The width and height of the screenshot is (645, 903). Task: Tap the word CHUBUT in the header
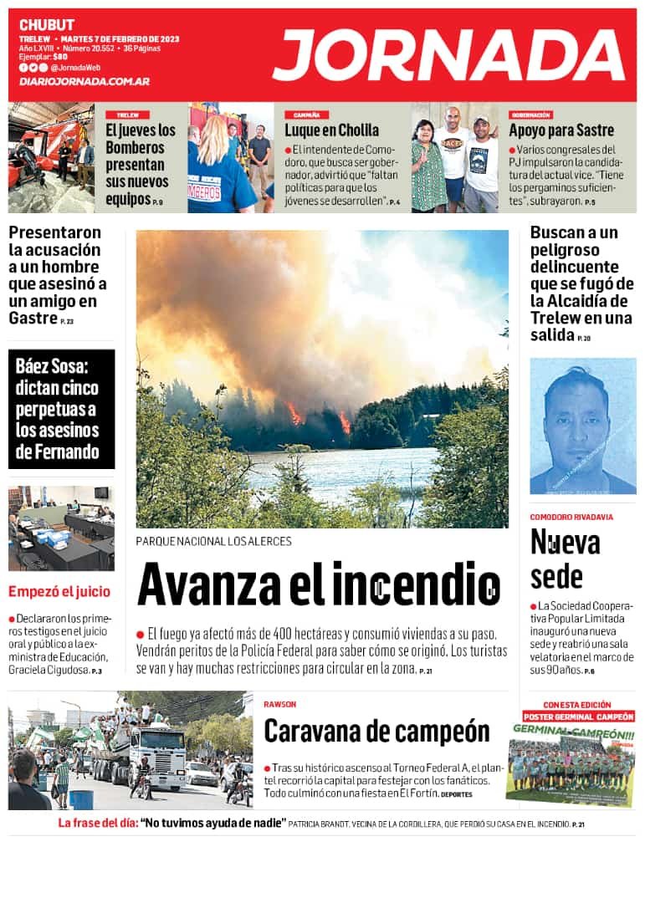coord(47,25)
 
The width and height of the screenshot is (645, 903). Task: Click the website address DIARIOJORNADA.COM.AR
coord(84,81)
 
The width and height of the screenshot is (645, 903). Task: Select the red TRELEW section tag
coord(127,115)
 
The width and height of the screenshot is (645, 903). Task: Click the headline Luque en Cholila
coord(331,130)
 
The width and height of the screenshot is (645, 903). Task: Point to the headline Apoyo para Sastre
coord(561,130)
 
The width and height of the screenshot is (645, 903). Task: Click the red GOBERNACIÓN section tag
coord(530,115)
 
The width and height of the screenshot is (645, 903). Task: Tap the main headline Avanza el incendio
coord(318,584)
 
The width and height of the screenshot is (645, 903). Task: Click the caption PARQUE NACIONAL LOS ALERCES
coord(213,541)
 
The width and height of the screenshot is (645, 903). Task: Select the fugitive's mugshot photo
coord(582,426)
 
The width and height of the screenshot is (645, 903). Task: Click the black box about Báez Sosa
coord(61,409)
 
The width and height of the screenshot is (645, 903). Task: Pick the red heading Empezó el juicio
coord(59,592)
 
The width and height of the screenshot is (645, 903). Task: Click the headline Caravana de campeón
coord(376,731)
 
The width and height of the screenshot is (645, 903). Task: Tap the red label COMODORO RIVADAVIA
coord(571,517)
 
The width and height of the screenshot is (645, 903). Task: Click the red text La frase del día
coord(97,824)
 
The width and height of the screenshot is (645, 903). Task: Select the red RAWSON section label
coord(279,704)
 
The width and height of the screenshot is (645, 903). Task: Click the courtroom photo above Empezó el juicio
coord(61,528)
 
